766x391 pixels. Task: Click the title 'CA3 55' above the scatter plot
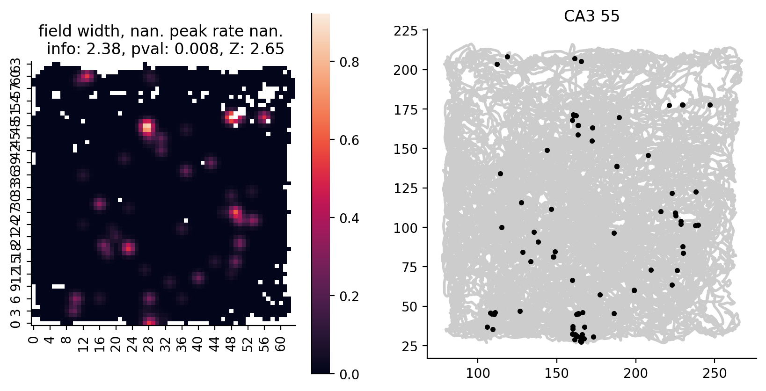click(591, 16)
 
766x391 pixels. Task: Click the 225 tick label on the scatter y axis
click(406, 31)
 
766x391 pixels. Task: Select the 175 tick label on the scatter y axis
click(406, 109)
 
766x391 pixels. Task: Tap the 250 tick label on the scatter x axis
click(715, 374)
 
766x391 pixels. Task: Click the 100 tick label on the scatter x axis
click(478, 374)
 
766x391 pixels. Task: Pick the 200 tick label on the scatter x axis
click(635, 374)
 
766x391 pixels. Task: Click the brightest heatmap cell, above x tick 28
click(147, 126)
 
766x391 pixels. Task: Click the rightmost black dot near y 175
click(710, 105)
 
